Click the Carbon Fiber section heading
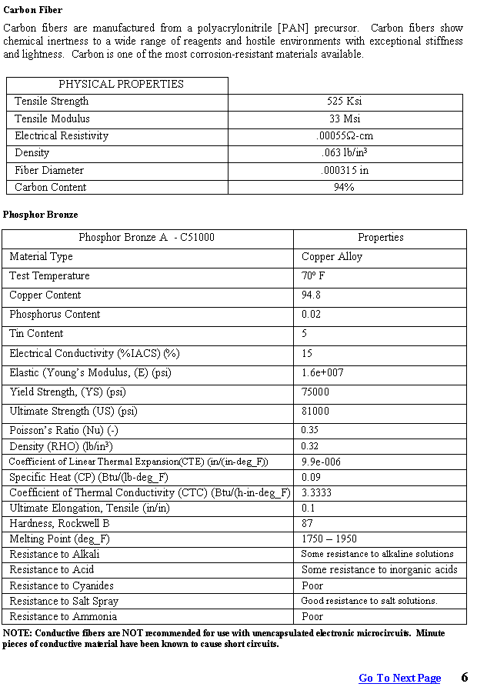pyautogui.click(x=33, y=10)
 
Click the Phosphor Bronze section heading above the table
pyautogui.click(x=41, y=215)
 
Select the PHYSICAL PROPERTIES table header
pyautogui.click(x=121, y=85)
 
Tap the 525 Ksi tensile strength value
pyautogui.click(x=344, y=102)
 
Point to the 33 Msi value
pyautogui.click(x=344, y=118)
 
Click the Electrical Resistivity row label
pyautogui.click(x=62, y=136)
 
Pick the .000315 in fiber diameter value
pyautogui.click(x=344, y=170)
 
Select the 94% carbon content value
pyautogui.click(x=344, y=187)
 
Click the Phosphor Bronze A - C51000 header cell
pyautogui.click(x=146, y=238)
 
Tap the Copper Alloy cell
pyautogui.click(x=332, y=257)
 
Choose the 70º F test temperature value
pyautogui.click(x=313, y=276)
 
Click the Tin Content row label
pyautogui.click(x=36, y=334)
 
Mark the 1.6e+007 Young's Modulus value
pyautogui.click(x=322, y=373)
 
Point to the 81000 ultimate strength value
pyautogui.click(x=315, y=412)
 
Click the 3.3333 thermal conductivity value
pyautogui.click(x=316, y=492)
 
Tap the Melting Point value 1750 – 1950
pyautogui.click(x=329, y=539)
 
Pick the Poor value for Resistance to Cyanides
pyautogui.click(x=312, y=585)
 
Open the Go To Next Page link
pyautogui.click(x=400, y=678)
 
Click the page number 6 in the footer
pyautogui.click(x=465, y=677)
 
